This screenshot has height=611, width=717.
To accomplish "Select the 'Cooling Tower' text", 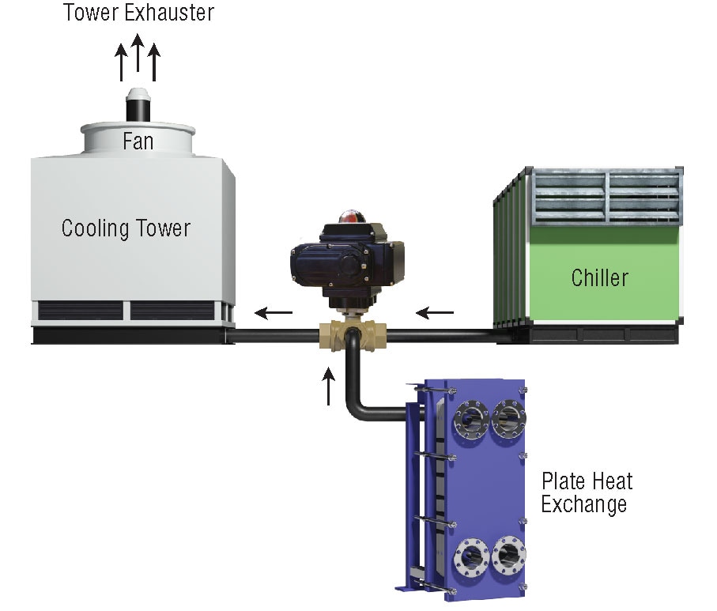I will pos(126,229).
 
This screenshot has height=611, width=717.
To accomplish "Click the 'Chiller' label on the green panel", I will pos(600,277).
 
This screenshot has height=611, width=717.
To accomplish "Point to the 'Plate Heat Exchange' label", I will pos(587,492).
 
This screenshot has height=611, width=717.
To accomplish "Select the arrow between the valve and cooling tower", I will pos(273,313).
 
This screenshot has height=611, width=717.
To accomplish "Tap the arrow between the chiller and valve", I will pos(435,313).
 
